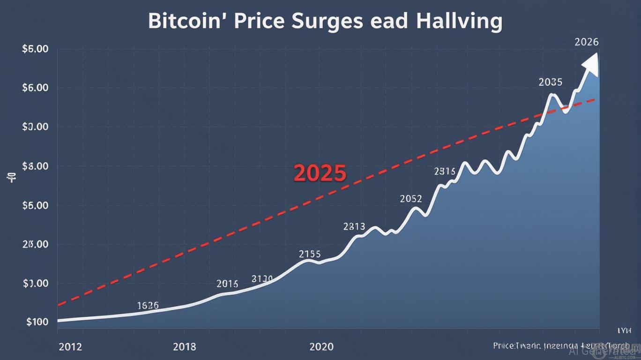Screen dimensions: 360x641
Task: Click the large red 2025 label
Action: pyautogui.click(x=320, y=173)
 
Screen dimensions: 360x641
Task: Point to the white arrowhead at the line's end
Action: pyautogui.click(x=591, y=63)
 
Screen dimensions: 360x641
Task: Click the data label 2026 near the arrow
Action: pyautogui.click(x=586, y=42)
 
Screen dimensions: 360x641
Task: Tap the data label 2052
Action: pyautogui.click(x=411, y=199)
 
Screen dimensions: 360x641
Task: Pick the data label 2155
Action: pyautogui.click(x=310, y=254)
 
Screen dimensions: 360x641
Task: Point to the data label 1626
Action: pyautogui.click(x=148, y=306)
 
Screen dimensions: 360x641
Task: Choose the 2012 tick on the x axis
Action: pyautogui.click(x=70, y=347)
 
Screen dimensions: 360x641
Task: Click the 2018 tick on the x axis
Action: pyautogui.click(x=185, y=347)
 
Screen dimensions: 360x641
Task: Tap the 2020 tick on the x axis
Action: pyautogui.click(x=321, y=347)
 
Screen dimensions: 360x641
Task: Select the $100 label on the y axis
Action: pyautogui.click(x=37, y=322)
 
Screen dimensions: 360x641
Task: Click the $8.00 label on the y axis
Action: pyautogui.click(x=35, y=166)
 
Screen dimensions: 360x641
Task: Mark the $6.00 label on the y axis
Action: pyautogui.click(x=35, y=88)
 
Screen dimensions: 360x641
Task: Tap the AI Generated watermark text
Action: pyautogui.click(x=604, y=351)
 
